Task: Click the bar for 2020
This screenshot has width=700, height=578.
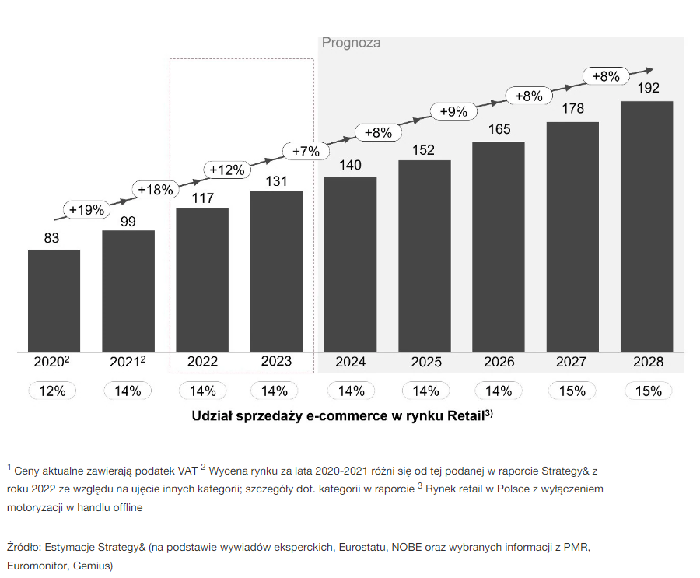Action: point(54,300)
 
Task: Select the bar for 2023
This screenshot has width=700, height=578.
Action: point(276,271)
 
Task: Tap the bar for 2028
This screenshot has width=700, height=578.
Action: point(646,226)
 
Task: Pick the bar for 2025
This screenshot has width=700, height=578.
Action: point(425,256)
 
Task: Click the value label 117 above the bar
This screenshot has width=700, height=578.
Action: point(203,198)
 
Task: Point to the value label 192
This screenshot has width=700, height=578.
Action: point(648,88)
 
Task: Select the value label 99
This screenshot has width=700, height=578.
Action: point(128,222)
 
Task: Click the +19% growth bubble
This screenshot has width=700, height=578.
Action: point(86,209)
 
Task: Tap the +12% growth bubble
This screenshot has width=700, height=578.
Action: point(227,170)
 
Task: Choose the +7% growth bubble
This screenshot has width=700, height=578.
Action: point(306,152)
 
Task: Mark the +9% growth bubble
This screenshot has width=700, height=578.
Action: point(453,111)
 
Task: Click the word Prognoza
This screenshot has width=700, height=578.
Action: point(352,43)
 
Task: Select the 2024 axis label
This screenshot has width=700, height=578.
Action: point(351,362)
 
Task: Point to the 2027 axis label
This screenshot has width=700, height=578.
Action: point(571,362)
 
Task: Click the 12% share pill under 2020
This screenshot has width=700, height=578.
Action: point(52,391)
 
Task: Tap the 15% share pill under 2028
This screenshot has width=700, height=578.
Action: point(648,391)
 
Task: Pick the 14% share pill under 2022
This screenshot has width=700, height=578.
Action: point(203,391)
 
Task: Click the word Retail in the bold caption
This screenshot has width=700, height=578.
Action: point(466,416)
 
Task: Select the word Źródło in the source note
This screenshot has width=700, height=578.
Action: point(24,547)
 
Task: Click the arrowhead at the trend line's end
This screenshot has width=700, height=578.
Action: point(649,70)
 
